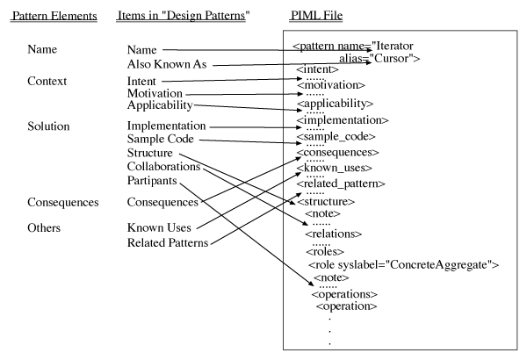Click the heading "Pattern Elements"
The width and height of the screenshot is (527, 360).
54,16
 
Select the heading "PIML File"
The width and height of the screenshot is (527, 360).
316,15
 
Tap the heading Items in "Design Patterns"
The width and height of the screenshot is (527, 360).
184,16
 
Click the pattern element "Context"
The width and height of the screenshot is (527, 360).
47,81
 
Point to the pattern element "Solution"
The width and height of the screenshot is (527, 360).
48,126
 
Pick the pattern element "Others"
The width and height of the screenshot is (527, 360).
44,227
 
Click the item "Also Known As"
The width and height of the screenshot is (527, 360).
167,64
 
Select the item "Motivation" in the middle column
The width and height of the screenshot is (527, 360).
155,93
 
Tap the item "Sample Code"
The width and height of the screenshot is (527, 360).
161,139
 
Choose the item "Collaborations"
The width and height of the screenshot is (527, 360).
163,166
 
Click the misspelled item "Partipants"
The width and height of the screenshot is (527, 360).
152,181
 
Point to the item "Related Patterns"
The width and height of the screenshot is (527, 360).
168,242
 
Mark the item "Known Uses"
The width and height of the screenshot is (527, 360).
159,227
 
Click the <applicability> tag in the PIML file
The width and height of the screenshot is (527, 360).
336,104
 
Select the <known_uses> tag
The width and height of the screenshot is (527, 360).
335,168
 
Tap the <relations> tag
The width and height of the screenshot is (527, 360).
334,234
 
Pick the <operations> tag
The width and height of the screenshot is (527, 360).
344,294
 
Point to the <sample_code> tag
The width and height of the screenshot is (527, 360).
336,136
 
